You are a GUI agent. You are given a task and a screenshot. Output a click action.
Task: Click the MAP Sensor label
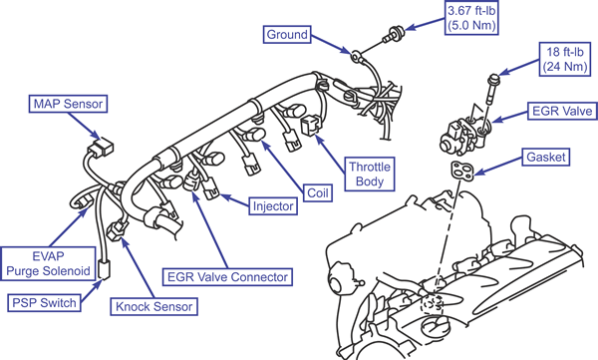(x=68, y=104)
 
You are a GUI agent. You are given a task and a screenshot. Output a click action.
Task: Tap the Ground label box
(x=287, y=34)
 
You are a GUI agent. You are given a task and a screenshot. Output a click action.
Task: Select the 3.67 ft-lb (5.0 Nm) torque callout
(x=471, y=18)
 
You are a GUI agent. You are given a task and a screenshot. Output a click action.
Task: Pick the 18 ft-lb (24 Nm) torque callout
(x=565, y=59)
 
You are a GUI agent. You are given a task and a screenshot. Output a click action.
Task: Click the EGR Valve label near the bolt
(x=562, y=111)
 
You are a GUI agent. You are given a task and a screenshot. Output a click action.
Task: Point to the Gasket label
(x=546, y=157)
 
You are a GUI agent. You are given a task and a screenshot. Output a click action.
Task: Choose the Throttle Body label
(x=370, y=174)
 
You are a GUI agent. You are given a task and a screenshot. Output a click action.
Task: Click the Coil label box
(x=318, y=192)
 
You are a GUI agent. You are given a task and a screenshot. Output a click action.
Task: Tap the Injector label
(x=273, y=206)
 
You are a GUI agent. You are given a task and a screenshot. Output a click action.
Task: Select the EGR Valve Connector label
(x=227, y=276)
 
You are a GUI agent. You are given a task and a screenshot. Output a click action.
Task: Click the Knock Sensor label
(x=154, y=306)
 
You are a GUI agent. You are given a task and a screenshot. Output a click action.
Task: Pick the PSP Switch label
(x=44, y=303)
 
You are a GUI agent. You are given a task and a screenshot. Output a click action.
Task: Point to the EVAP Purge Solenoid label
(x=48, y=263)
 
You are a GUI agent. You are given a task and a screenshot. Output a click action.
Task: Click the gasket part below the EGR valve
(x=462, y=171)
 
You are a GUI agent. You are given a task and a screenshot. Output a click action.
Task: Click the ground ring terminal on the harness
(x=356, y=57)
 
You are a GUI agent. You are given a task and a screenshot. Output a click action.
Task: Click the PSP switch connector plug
(x=104, y=269)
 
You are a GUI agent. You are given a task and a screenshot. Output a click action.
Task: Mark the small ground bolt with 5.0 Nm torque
(x=393, y=34)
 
